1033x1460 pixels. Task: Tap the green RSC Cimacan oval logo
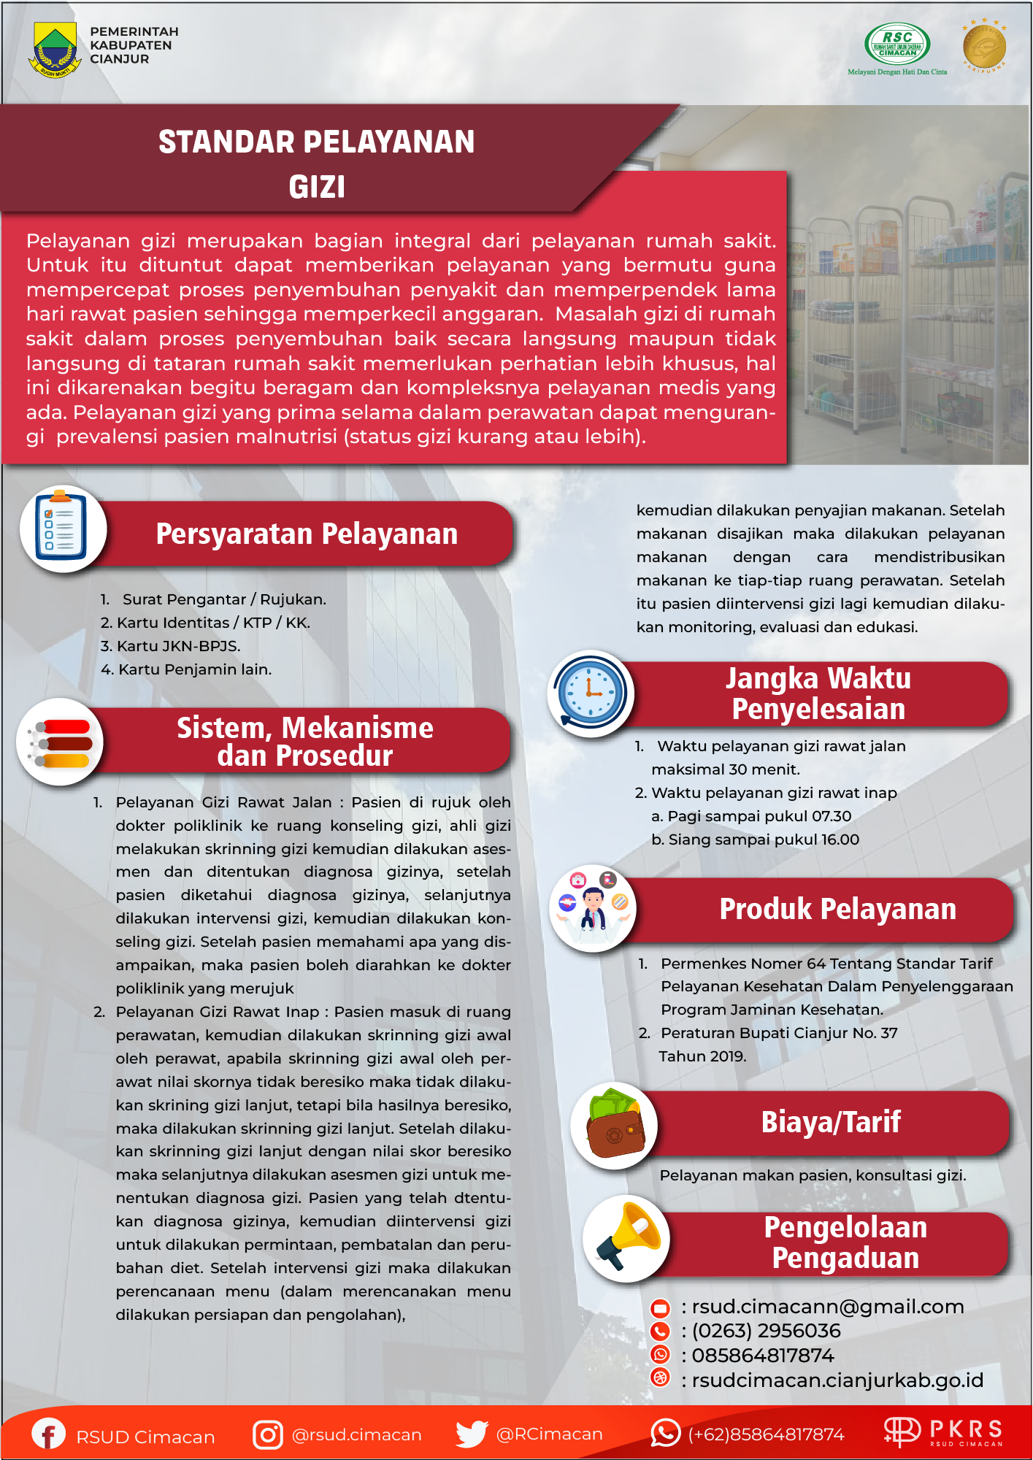click(x=897, y=44)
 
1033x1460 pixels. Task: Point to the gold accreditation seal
click(x=984, y=46)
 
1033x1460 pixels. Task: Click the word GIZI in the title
click(x=317, y=187)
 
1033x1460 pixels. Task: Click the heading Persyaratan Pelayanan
click(x=307, y=534)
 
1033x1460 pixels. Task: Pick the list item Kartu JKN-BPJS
click(x=178, y=646)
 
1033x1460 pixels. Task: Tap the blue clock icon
click(x=591, y=693)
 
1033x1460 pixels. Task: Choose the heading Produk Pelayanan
click(x=837, y=909)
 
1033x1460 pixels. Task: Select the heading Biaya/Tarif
click(x=831, y=1122)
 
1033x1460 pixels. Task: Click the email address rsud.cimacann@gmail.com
click(x=827, y=1307)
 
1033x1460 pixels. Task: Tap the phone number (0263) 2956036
click(x=766, y=1331)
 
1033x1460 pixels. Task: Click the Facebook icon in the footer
click(x=48, y=1434)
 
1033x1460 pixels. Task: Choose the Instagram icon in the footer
click(x=267, y=1434)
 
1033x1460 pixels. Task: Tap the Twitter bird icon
click(x=471, y=1434)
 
